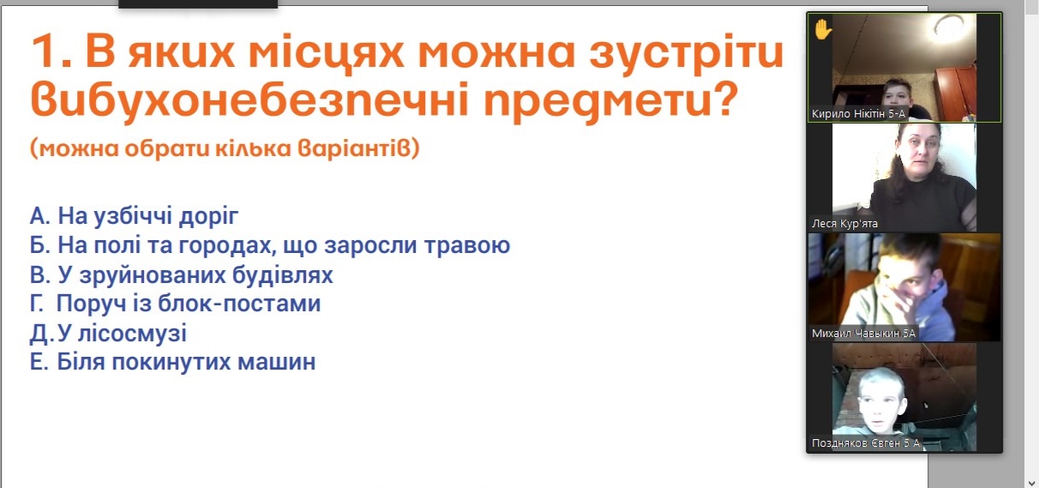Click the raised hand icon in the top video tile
(823, 29)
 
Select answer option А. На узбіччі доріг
(134, 216)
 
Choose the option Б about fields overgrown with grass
(270, 245)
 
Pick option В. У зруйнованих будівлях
(182, 274)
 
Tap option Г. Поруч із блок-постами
(176, 304)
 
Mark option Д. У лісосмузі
(108, 334)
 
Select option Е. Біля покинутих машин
(172, 362)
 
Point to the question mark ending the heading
(724, 99)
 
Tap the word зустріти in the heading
(687, 53)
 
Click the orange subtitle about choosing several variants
(225, 149)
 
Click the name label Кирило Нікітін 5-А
(858, 114)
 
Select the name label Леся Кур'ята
(844, 224)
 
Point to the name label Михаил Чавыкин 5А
(863, 333)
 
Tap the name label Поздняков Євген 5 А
(866, 443)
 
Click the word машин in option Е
(276, 362)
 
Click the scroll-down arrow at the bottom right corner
(1032, 483)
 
